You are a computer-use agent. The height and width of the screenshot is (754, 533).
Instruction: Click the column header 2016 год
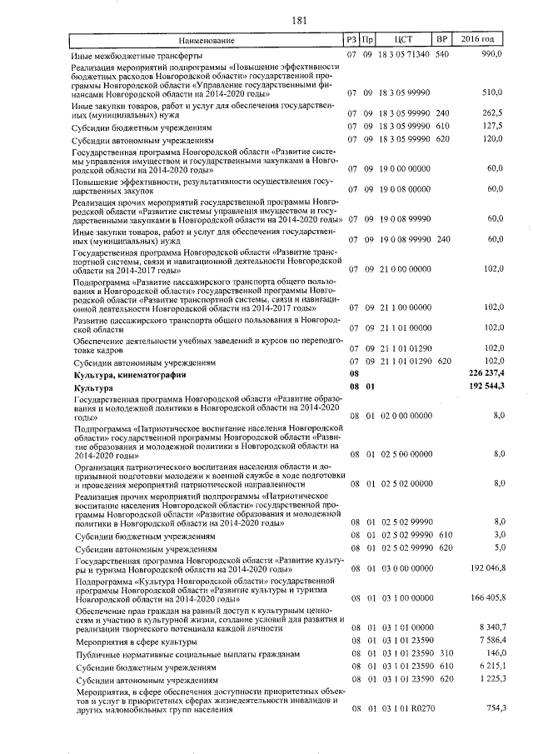coord(483,40)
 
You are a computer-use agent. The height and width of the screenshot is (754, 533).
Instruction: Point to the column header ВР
coord(442,40)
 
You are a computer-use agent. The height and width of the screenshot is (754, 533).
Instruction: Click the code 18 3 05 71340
coord(406,54)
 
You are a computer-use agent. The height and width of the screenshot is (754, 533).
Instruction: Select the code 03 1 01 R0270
coord(406,708)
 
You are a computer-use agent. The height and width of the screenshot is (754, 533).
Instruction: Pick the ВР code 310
coord(444,655)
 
